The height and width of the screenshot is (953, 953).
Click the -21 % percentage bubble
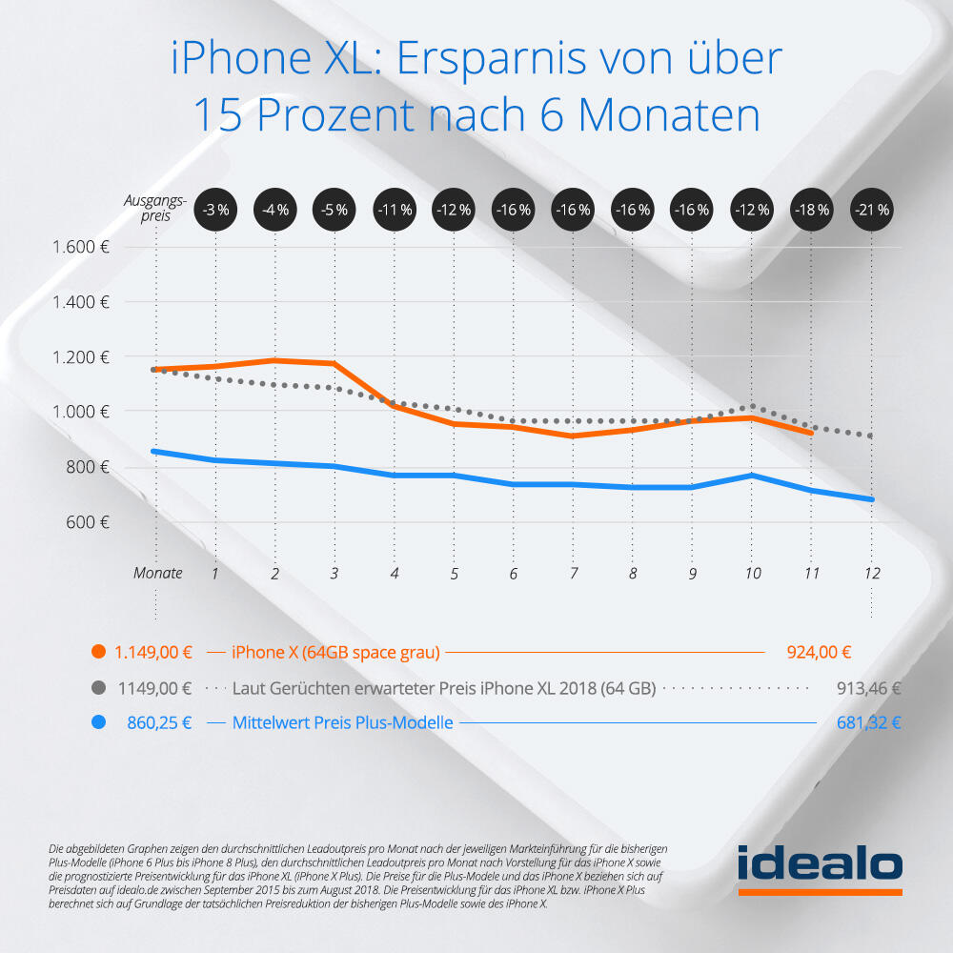pos(870,209)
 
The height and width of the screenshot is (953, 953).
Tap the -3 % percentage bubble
pos(215,209)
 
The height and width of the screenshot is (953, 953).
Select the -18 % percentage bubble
pos(811,209)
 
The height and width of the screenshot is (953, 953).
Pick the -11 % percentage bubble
pos(394,209)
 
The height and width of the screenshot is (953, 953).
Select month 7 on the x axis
pos(573,574)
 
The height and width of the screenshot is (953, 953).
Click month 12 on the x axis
pos(870,574)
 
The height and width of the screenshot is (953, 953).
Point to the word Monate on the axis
pos(157,574)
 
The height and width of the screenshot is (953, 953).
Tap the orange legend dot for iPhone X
pos(97,653)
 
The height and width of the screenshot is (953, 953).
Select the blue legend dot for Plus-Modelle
pos(97,722)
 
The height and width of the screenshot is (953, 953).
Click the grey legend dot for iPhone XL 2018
pos(97,688)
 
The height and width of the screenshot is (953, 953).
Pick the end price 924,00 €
pos(819,653)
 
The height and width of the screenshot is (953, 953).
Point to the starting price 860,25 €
pos(159,722)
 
